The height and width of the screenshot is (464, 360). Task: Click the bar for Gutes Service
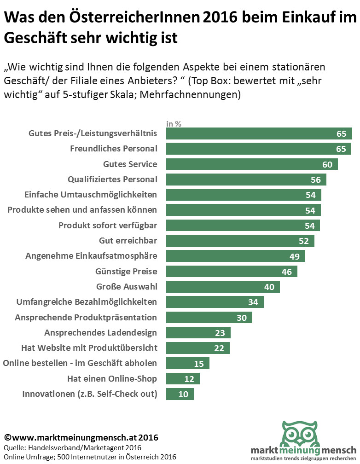251,164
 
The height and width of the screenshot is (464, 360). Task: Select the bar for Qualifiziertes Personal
246,180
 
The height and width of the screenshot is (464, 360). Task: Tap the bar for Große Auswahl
223,287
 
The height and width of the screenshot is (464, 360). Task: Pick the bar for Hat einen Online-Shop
183,379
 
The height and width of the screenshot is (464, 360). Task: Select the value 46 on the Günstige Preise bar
287,272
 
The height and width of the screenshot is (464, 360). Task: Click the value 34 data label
253,302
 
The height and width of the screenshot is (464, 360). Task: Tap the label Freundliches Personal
113,149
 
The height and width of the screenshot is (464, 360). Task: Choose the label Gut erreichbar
128,240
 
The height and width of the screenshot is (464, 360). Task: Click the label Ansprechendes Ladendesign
100,332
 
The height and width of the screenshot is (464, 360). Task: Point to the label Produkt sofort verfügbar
108,225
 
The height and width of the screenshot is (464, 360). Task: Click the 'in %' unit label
174,123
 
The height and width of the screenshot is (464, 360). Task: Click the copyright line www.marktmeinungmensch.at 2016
81,437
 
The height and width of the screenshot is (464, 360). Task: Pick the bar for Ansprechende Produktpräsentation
209,318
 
